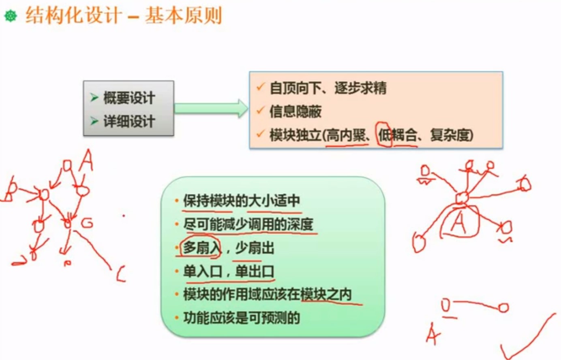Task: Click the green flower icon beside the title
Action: point(11,16)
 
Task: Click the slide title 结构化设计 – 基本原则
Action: point(124,16)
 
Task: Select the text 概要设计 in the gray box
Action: point(129,98)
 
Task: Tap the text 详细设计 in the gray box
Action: point(129,121)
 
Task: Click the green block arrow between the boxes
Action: point(211,108)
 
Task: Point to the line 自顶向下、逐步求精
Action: point(328,88)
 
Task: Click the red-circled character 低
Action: point(384,135)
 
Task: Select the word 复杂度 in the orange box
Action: point(450,135)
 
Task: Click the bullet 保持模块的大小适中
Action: point(242,201)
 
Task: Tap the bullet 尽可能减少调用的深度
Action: point(248,224)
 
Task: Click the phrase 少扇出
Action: point(255,247)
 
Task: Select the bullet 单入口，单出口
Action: point(229,271)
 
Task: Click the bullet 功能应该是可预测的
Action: point(242,318)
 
